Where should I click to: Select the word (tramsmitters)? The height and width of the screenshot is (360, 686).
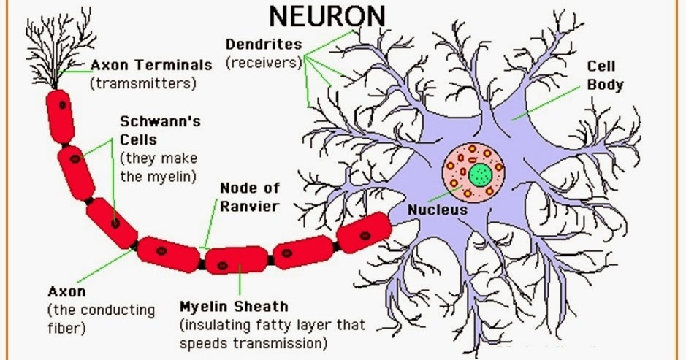click(143, 83)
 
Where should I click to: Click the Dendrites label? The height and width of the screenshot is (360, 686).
click(263, 44)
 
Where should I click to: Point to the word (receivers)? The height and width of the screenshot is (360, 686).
click(263, 62)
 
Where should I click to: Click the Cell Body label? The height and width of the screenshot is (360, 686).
click(605, 75)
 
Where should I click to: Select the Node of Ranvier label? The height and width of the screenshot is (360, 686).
click(249, 197)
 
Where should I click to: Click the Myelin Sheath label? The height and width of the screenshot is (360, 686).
click(234, 305)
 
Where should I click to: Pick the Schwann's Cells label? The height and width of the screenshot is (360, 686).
click(159, 130)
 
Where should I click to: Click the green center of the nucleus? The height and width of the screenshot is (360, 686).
click(480, 175)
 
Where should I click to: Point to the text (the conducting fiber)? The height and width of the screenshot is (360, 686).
click(101, 318)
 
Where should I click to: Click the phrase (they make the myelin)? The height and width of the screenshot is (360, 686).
click(159, 166)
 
